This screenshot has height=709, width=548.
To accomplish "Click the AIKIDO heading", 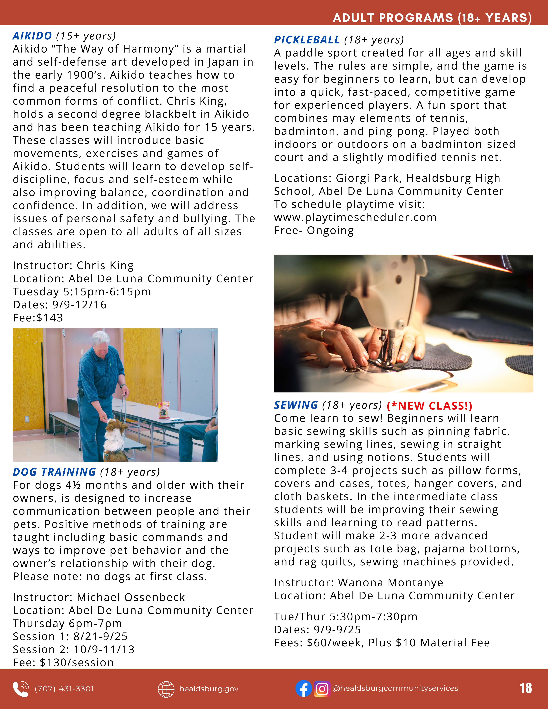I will pyautogui.click(x=32, y=36).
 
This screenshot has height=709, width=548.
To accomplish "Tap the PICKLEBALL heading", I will pyautogui.click(x=307, y=40).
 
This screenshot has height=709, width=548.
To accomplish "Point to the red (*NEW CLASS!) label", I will pyautogui.click(x=429, y=406).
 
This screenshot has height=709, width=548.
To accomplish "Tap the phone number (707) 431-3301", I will pyautogui.click(x=64, y=689).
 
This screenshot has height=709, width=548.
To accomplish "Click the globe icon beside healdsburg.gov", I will pyautogui.click(x=166, y=689).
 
